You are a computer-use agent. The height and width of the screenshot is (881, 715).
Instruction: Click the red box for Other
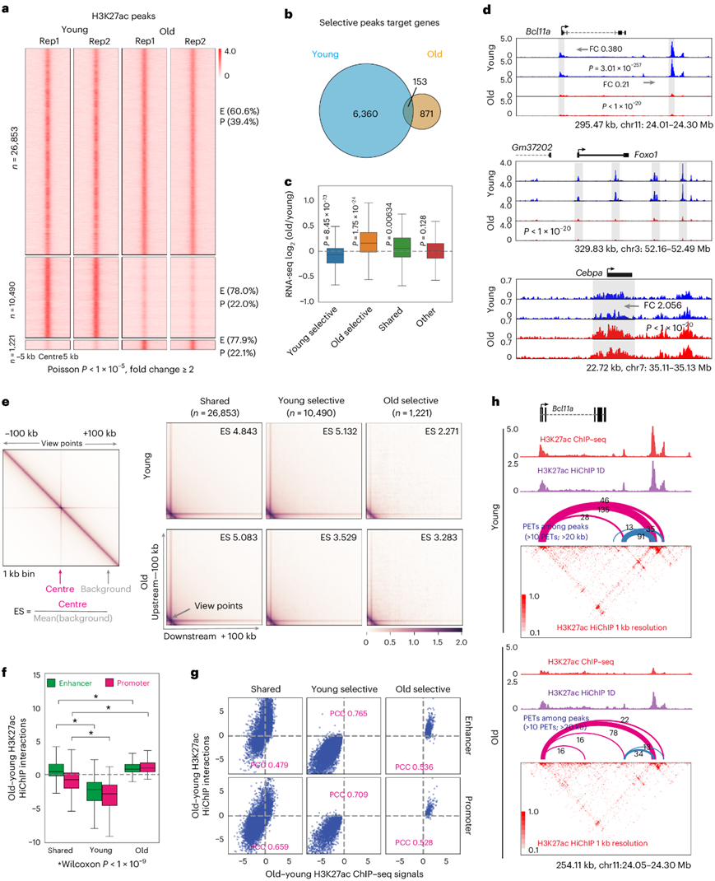click(434, 251)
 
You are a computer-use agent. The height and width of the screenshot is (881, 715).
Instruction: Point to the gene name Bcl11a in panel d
click(539, 30)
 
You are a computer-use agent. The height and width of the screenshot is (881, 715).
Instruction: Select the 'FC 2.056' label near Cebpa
click(657, 305)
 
